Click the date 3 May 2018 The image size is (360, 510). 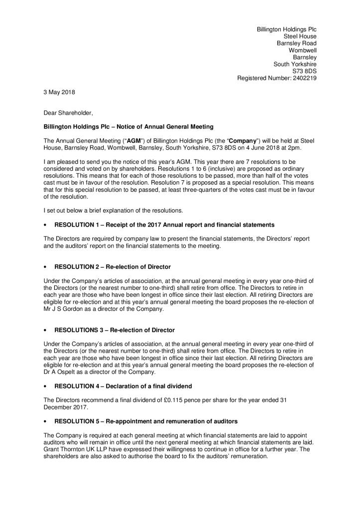pos(59,92)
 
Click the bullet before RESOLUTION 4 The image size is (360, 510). pos(45,386)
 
